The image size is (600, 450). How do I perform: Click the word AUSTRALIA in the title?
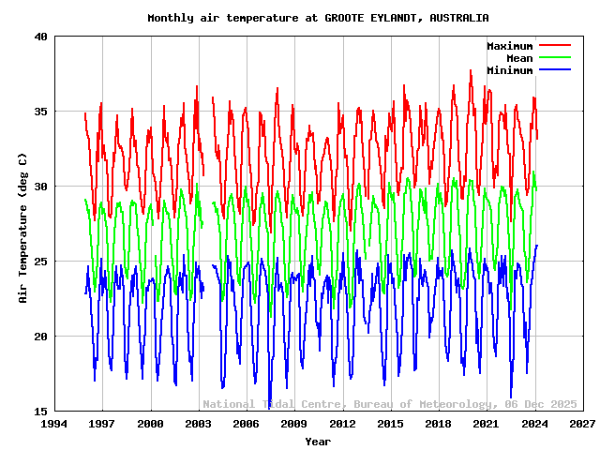tap(458, 18)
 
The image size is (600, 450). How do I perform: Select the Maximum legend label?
tap(509, 46)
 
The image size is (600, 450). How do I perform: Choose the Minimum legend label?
tap(509, 70)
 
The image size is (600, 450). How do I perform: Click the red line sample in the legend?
tap(555, 46)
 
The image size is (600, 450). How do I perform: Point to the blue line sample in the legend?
tap(555, 70)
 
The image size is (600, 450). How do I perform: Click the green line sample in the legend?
tap(555, 58)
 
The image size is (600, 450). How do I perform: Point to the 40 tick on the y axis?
tap(40, 37)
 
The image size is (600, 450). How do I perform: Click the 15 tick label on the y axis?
tap(40, 412)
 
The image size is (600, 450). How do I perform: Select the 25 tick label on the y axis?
tap(40, 262)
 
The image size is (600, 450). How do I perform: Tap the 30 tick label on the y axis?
tap(40, 187)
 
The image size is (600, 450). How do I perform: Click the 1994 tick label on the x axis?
tap(54, 425)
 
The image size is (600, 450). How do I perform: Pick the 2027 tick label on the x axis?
tap(582, 425)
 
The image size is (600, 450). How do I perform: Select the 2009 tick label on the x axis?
tap(294, 425)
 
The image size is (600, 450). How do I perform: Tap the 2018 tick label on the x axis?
tap(438, 425)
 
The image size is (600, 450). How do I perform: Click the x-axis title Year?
tap(318, 441)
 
